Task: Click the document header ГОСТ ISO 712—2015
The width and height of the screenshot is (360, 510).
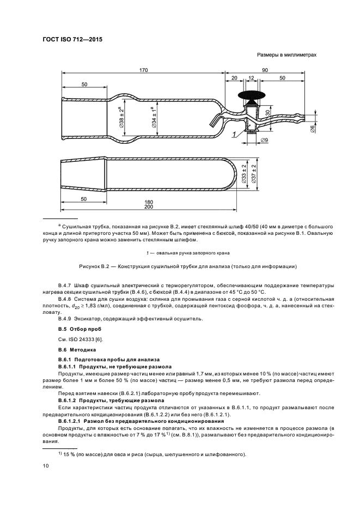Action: click(x=73, y=40)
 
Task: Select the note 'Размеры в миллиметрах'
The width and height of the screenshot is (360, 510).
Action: click(x=286, y=55)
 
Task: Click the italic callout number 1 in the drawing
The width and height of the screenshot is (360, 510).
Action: click(x=234, y=133)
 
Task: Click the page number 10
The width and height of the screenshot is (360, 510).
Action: click(x=46, y=465)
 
